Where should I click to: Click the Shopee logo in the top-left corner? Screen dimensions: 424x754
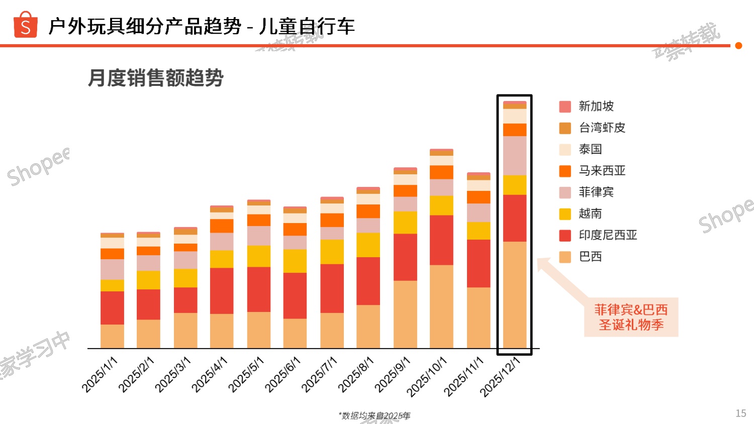[25, 25]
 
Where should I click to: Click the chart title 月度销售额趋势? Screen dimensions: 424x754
[155, 78]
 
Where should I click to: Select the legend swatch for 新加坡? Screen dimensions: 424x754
[565, 107]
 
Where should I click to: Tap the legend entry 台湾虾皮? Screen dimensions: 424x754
[602, 128]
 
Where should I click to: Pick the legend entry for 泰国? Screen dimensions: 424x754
[590, 149]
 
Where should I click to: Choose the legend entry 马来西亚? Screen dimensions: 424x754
[602, 171]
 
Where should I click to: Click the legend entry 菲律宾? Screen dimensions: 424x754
[596, 192]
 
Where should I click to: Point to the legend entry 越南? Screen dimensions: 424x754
[590, 214]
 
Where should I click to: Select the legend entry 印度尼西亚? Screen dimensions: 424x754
[607, 235]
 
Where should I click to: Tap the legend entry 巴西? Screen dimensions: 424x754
[590, 257]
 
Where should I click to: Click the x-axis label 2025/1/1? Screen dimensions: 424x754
[100, 374]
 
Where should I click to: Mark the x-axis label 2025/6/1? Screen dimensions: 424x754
[282, 374]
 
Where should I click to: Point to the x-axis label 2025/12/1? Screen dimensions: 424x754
[500, 377]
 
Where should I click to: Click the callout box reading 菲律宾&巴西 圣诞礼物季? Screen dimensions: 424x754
[631, 317]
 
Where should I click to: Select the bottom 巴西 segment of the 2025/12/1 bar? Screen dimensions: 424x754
[515, 294]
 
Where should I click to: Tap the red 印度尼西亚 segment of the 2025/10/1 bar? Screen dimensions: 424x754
[441, 240]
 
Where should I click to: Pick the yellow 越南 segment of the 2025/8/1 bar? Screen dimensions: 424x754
[368, 245]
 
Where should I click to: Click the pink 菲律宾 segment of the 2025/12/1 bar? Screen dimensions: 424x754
[515, 155]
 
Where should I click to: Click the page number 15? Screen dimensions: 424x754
[740, 413]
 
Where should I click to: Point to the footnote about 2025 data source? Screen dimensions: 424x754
[374, 415]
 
